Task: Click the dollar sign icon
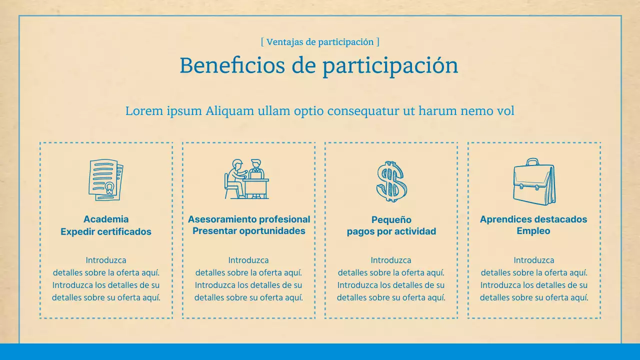391,181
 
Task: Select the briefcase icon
534,182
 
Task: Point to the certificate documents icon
105,180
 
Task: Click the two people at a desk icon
246,179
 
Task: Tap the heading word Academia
106,219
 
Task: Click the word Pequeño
391,219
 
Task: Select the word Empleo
533,231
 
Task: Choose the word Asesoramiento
218,219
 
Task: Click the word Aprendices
503,219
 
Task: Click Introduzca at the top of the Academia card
106,260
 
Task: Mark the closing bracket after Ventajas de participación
377,42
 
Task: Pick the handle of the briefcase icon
532,162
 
